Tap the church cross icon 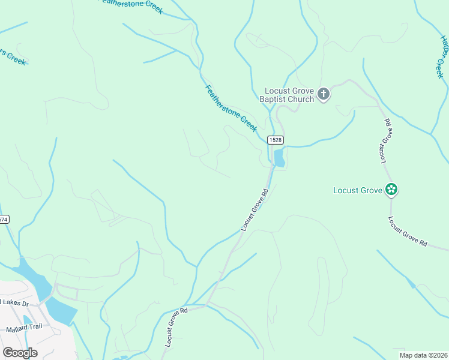click(324, 94)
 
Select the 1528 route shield click(276, 139)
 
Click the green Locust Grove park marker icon click(391, 190)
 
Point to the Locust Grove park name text click(358, 190)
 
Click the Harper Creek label click(444, 56)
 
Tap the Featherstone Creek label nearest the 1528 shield click(231, 108)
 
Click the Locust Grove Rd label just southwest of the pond click(255, 210)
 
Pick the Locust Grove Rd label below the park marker click(408, 232)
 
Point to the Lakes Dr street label click(14, 303)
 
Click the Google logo click(20, 352)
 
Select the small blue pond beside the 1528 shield click(279, 159)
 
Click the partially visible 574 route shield click(3, 220)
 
